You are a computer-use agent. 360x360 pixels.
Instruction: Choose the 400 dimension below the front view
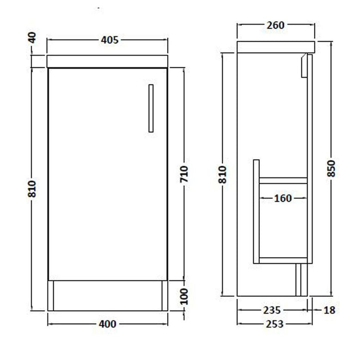point(108,324)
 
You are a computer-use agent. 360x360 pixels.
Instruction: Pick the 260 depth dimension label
point(275,25)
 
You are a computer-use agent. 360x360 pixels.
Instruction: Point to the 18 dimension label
point(329,310)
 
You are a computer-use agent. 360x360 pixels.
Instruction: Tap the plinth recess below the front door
point(108,296)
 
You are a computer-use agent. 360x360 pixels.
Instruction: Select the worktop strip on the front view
point(108,62)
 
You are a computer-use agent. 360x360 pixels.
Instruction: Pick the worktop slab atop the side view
point(276,46)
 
